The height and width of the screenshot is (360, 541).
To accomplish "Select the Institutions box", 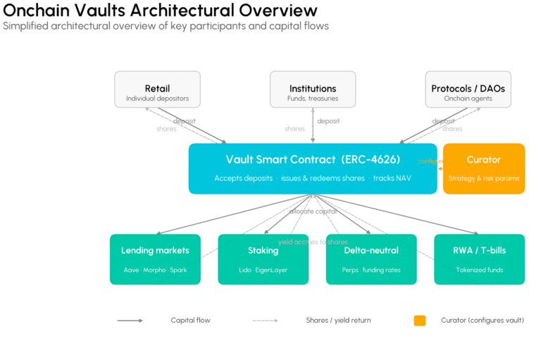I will click(313, 89).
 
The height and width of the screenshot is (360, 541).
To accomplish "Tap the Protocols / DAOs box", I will click(468, 89).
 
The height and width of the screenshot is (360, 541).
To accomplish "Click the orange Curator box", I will click(483, 168).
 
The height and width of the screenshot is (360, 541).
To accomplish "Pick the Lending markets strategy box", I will click(155, 259).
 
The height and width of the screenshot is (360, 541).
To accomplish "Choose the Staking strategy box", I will click(263, 259).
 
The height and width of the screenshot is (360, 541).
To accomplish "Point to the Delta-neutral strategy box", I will click(371, 259).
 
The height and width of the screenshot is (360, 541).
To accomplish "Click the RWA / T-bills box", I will click(479, 259).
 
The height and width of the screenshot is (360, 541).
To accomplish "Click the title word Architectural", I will click(177, 11).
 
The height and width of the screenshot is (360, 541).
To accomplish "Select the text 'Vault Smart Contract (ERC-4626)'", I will click(313, 159).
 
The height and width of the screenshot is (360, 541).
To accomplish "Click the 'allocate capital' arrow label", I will click(313, 211).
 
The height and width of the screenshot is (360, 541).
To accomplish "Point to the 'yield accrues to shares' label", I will click(313, 242).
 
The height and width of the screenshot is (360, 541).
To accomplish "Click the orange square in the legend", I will click(420, 321).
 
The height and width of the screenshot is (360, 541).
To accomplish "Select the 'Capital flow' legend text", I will click(190, 321).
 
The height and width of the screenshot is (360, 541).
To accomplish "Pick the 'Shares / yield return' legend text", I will click(338, 321).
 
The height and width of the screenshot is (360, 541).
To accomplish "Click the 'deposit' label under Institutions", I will click(328, 121).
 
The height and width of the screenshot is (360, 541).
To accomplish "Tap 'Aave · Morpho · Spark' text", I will click(155, 270).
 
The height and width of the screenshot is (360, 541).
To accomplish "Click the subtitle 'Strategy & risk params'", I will click(483, 178).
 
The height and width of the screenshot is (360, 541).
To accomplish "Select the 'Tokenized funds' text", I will click(479, 270).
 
